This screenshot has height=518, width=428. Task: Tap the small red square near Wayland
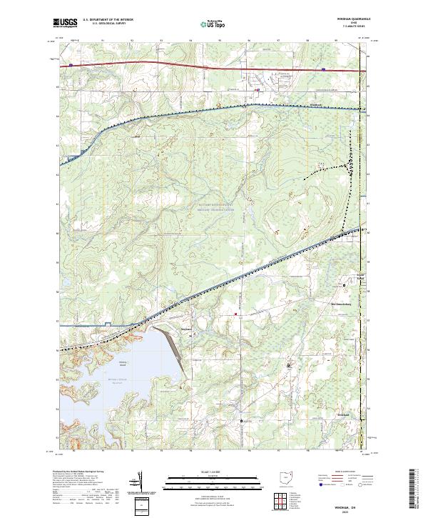tap(235, 313)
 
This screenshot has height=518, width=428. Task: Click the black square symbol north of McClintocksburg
tap(345, 284)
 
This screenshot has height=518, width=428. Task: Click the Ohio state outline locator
tap(288, 477)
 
